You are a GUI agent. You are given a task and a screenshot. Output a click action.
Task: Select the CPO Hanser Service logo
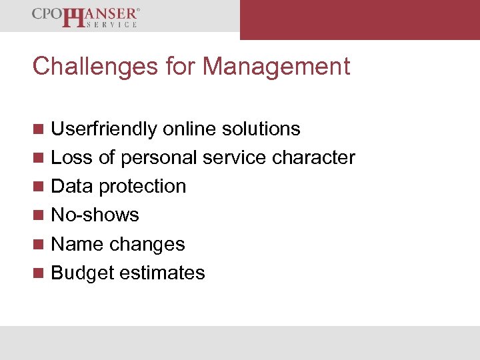coord(86,17)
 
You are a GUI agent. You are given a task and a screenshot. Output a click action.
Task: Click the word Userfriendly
coord(104,129)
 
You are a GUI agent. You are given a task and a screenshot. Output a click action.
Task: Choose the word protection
coord(142,187)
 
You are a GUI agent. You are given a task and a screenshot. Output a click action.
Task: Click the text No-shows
coord(95,215)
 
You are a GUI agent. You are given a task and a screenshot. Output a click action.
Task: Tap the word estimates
coord(164,273)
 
